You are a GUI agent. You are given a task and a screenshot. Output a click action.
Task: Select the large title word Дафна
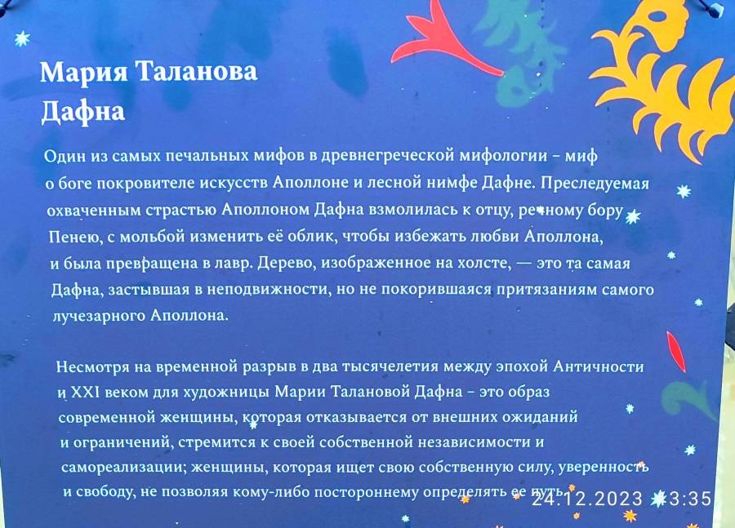[83, 113]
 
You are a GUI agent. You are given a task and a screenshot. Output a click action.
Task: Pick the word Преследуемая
[595, 183]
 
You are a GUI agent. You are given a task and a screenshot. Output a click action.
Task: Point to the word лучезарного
[100, 316]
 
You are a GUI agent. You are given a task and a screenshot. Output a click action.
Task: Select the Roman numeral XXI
[85, 392]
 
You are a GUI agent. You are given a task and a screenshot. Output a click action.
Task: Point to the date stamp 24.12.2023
[587, 499]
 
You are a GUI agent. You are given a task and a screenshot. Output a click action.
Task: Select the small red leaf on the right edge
[675, 352]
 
